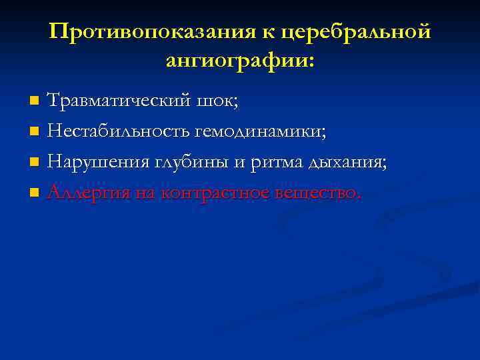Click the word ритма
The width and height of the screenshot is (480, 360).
(273, 162)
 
